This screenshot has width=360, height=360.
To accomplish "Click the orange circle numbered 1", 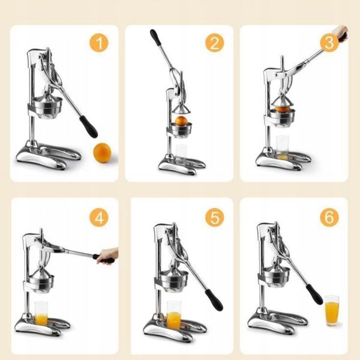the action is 99,43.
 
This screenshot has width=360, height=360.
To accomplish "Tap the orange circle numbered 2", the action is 214,43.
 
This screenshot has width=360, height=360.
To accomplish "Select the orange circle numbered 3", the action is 329,43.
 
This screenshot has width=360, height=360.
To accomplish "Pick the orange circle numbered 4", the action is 99,217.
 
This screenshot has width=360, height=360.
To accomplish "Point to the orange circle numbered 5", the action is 214,217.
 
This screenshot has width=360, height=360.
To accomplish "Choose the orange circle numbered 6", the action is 329,217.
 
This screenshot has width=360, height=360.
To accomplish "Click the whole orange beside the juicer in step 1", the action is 103,152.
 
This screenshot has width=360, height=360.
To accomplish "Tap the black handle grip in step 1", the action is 89,127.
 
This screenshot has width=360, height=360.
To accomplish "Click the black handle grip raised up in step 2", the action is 155,38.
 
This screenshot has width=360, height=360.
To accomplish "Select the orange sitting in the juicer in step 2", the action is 181,121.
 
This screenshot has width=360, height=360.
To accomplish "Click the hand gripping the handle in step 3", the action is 341,34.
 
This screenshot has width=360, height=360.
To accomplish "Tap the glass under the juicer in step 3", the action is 282,148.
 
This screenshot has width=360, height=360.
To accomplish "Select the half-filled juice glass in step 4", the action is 41,313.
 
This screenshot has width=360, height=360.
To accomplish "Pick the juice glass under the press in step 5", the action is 173,315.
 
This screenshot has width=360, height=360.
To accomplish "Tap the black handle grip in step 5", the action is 214,300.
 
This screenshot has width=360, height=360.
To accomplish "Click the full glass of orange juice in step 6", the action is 332,310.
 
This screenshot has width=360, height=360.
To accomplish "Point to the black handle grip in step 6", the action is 314,295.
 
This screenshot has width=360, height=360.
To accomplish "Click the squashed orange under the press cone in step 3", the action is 282,109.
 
